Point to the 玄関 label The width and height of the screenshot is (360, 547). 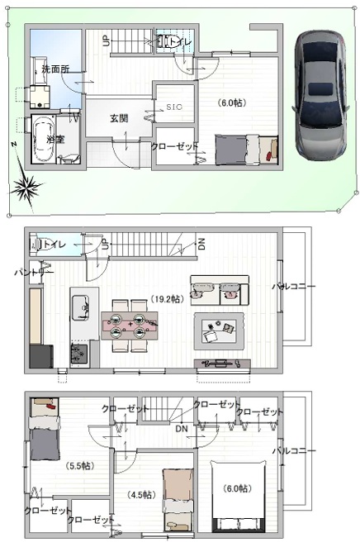coord(119,119)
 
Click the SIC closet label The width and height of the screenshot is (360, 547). coord(174,107)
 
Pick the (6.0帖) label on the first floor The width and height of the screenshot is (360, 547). coord(232,103)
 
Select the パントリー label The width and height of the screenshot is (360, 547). coord(34,272)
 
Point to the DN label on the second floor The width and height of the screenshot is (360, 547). coord(202,244)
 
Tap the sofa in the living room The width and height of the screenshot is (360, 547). coord(219,289)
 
